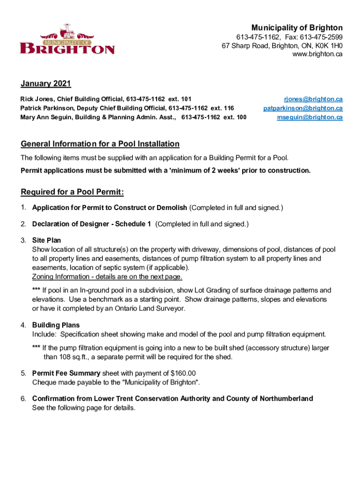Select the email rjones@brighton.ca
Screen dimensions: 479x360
pos(313,99)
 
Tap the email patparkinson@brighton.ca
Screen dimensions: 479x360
pos(303,108)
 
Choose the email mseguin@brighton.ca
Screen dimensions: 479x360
pos(310,117)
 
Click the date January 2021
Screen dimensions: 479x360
pos(46,84)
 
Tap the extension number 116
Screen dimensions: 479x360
pos(229,108)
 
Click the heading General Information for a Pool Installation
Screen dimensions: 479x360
pos(100,144)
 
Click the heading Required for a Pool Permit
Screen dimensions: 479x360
pos(72,192)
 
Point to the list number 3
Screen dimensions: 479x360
pos(23,241)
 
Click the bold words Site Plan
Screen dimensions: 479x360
pos(46,241)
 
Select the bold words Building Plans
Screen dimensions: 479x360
pos(56,325)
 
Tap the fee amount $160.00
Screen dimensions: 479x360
pos(183,373)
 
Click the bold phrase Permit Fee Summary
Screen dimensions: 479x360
pos(66,373)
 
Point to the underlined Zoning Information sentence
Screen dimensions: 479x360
pos(107,276)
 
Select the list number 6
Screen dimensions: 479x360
pos(23,399)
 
